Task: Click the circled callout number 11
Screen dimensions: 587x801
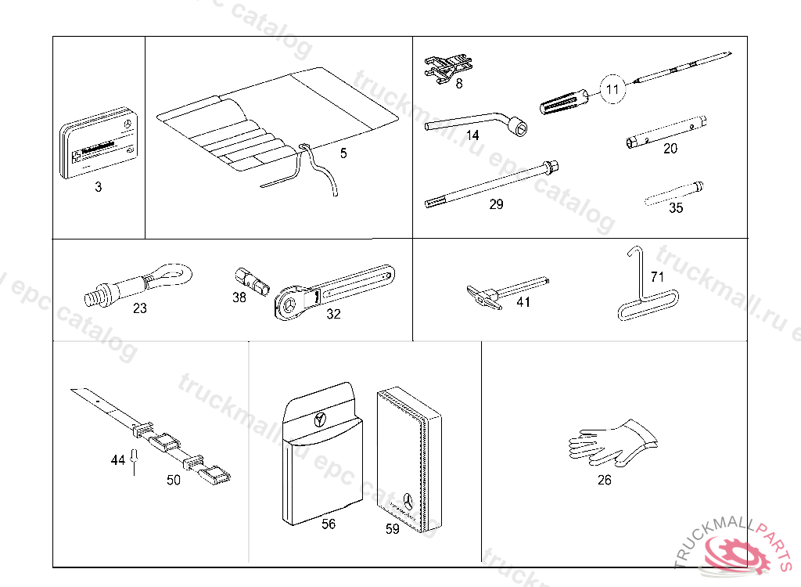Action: pos(612,90)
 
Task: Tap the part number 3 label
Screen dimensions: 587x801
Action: pos(98,188)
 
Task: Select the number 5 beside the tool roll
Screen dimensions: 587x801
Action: pos(343,153)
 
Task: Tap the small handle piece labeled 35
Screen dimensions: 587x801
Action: pos(674,192)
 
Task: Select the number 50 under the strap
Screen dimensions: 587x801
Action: pos(174,480)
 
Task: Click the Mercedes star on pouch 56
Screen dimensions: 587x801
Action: pos(320,417)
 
